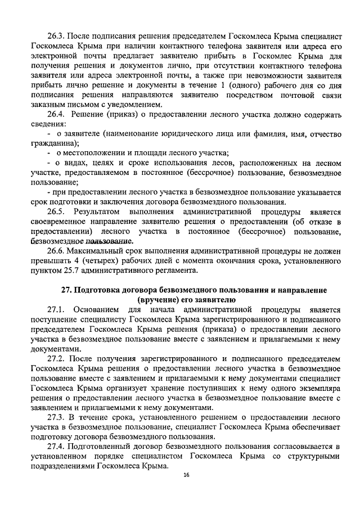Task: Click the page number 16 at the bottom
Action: click(x=186, y=476)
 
